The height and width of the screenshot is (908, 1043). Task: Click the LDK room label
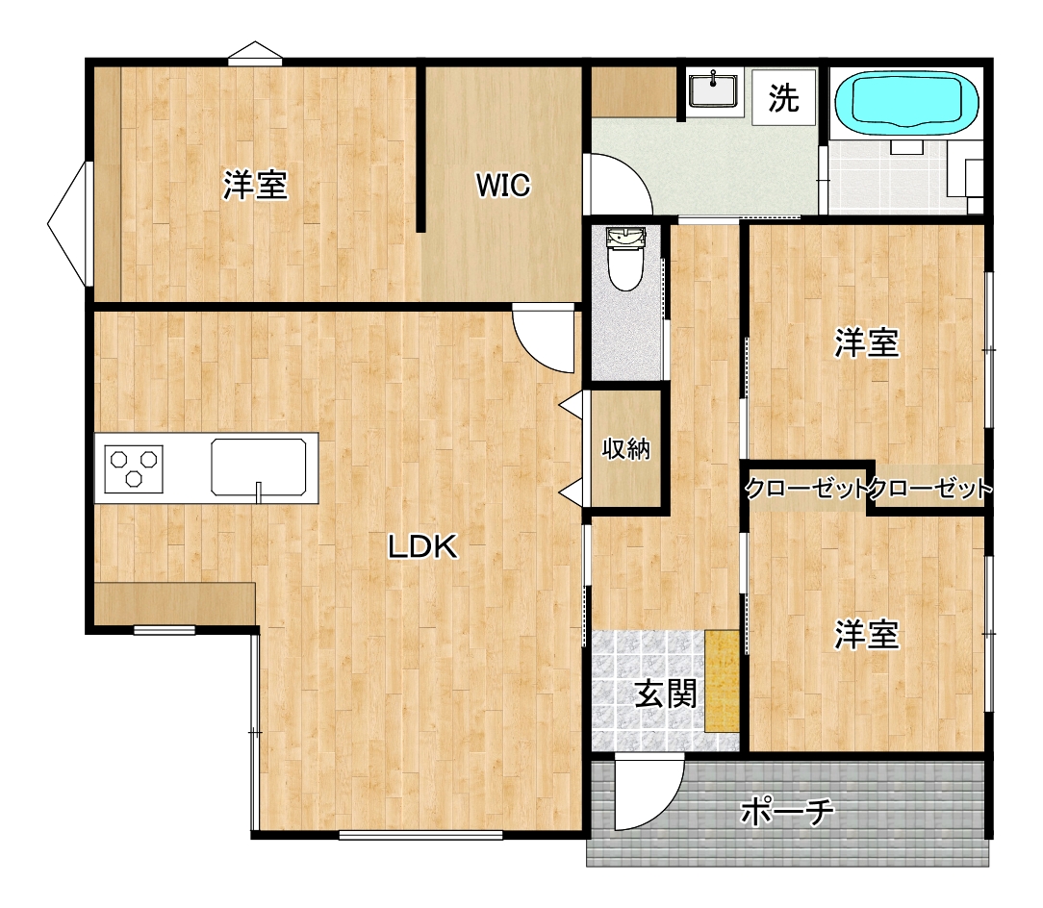point(423,547)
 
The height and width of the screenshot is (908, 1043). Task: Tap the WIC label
point(503,185)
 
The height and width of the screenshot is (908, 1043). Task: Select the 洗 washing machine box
point(783,97)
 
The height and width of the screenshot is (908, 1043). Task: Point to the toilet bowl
point(625,260)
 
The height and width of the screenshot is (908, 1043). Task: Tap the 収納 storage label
point(626,449)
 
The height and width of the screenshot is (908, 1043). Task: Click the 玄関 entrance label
point(666,694)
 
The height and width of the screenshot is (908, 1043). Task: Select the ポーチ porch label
point(787,811)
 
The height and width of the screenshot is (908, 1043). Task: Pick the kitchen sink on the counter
point(259,467)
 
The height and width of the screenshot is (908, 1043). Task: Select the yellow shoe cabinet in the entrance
point(722,681)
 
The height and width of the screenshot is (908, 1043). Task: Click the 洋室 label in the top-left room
point(255,185)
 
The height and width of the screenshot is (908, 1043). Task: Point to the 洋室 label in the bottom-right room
point(867,634)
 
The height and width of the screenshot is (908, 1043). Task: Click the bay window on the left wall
point(67,224)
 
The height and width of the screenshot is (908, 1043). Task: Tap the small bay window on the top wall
point(255,54)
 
